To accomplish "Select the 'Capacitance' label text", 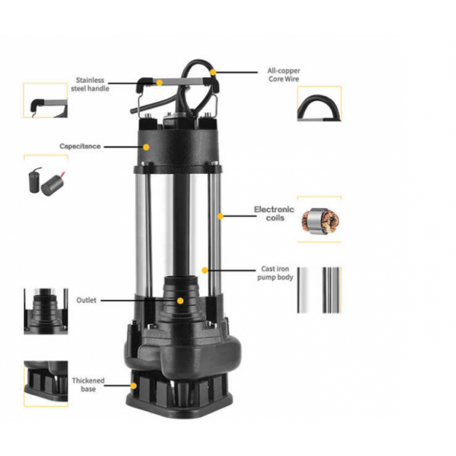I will click(80, 146).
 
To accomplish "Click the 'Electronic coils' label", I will click(274, 215).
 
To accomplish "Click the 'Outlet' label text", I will click(87, 299).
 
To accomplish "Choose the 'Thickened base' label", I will click(88, 386).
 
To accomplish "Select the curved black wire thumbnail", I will click(319, 104).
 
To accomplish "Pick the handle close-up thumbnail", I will click(45, 103).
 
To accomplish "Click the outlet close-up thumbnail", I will click(45, 312).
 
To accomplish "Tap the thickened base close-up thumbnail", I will click(45, 383).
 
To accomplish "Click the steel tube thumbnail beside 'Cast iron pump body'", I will click(319, 290).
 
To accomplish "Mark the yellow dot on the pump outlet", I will click(180, 299).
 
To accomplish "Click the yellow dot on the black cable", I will click(213, 73).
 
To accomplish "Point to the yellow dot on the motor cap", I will click(148, 146).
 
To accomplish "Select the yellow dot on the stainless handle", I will click(158, 83).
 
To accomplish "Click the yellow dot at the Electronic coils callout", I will click(221, 216).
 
